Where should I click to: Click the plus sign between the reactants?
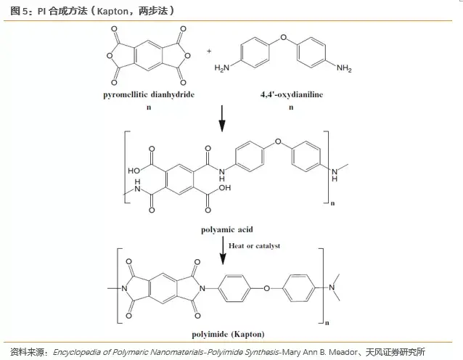tap(209, 52)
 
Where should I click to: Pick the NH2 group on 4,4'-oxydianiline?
tap(343, 69)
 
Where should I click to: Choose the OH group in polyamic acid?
tap(224, 187)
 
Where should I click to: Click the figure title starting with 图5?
tap(87, 9)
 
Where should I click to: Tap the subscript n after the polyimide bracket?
tap(328, 321)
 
